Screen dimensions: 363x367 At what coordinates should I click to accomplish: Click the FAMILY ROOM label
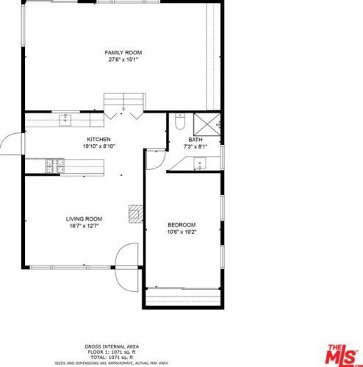click(x=123, y=52)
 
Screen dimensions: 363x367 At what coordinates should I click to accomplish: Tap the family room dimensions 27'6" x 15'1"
click(x=123, y=60)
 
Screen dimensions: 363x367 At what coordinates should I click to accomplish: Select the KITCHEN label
click(x=98, y=140)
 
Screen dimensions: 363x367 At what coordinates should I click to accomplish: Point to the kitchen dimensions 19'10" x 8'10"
click(x=99, y=146)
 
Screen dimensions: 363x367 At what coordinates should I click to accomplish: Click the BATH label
click(x=195, y=140)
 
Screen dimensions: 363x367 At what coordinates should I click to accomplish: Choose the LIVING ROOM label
click(x=84, y=219)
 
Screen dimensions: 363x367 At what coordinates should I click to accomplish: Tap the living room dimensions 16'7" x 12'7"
click(x=84, y=226)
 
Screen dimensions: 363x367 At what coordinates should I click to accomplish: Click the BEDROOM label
click(x=181, y=225)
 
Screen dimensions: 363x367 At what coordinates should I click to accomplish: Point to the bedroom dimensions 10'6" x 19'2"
click(x=181, y=232)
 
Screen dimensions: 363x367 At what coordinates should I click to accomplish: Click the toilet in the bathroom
click(x=180, y=121)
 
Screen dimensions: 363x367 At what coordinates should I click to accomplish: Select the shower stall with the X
click(x=207, y=124)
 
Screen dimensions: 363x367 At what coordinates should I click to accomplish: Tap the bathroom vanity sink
click(x=200, y=163)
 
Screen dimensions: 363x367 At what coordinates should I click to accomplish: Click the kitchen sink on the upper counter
click(x=65, y=120)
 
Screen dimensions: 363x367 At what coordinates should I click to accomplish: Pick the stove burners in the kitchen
click(x=55, y=165)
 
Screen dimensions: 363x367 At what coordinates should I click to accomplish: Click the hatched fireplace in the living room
click(x=136, y=214)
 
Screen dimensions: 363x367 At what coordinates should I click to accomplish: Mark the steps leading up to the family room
click(x=125, y=101)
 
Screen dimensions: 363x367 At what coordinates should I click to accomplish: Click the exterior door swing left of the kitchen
click(x=11, y=143)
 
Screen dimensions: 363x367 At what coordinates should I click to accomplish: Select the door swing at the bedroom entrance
click(x=156, y=160)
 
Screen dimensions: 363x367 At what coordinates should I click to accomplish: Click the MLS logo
click(x=342, y=354)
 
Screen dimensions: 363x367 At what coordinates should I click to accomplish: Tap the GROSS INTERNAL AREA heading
click(x=112, y=346)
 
